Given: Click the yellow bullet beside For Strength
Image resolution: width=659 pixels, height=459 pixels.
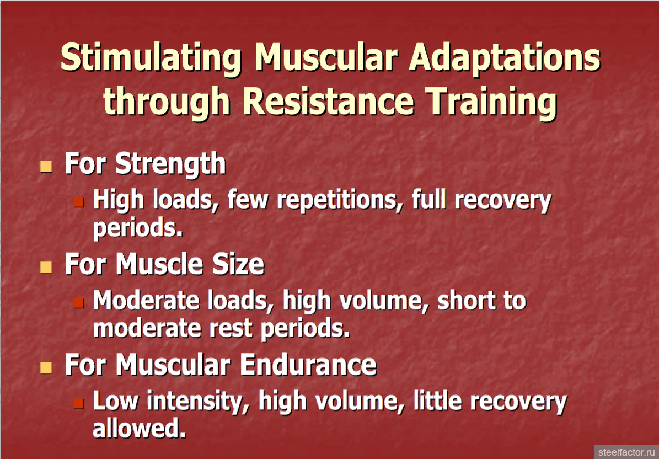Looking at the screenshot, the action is point(46,166).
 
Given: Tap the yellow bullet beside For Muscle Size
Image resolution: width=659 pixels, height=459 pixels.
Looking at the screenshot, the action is point(46,266).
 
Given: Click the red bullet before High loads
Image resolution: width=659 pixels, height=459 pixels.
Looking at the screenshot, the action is point(78,202).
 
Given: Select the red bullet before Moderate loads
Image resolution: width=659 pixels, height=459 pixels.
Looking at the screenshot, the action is point(78,303).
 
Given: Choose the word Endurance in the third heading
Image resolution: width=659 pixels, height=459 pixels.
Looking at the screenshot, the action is point(308,365).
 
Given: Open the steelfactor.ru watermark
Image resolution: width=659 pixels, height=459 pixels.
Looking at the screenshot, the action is point(627,452).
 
